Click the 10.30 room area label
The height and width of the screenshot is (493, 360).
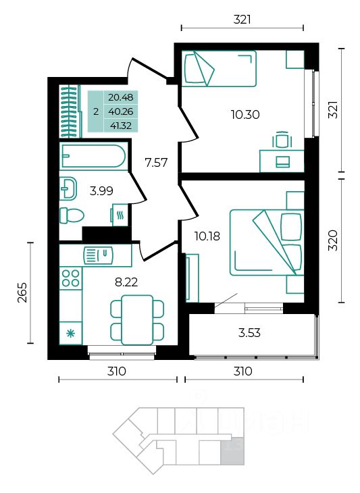point(245,114)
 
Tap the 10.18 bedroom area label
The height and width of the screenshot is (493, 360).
point(207,236)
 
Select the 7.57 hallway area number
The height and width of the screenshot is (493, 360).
point(156,163)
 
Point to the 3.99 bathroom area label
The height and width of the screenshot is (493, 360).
point(101,191)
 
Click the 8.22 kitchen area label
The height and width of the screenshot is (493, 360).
point(126,282)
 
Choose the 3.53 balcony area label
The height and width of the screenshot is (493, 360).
point(249,333)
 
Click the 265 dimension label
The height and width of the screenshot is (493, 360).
point(22,292)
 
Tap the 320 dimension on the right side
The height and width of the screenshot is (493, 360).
point(333,240)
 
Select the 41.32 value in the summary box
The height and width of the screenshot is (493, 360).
point(121,126)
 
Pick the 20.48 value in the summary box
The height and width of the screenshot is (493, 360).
point(121,97)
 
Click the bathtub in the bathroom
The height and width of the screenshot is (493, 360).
point(93,155)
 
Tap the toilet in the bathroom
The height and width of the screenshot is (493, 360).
point(72,215)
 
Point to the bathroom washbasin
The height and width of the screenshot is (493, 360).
point(68,188)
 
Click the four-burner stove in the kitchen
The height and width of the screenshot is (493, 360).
point(71,278)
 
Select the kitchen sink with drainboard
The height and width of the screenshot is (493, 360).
point(98,255)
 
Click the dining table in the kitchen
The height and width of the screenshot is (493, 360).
point(137,320)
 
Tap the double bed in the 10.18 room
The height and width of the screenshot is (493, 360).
point(267,242)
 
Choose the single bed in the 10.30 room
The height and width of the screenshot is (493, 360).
point(219,68)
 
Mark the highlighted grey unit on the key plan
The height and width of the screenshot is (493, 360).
point(232,451)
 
